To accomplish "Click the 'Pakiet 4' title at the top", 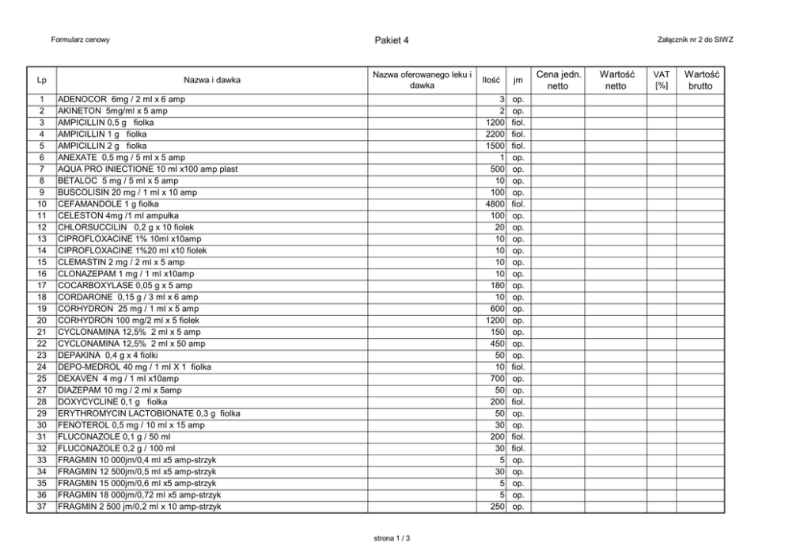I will (392, 40).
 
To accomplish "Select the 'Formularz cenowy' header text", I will (80, 40).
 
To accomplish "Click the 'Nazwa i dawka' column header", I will (212, 80).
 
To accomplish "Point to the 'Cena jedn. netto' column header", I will (559, 80).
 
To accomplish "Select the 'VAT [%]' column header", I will (661, 80).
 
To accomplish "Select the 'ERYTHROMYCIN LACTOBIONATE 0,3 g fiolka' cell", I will (149, 413).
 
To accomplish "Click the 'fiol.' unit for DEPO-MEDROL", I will (518, 367).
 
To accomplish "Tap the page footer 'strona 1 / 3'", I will (392, 538).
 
